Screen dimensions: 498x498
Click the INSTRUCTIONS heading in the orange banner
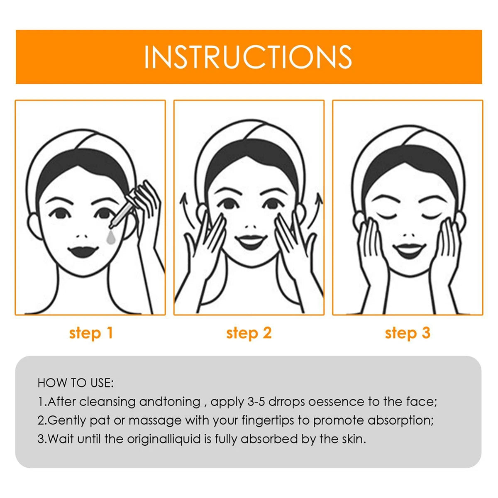coord(248,57)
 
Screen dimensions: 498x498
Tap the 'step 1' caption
coord(91,333)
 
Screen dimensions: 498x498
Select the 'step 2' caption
coord(249,333)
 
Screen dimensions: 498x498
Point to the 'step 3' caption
coord(408,333)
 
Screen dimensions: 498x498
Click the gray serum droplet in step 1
coord(112,237)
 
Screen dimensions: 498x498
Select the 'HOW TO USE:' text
coord(76,383)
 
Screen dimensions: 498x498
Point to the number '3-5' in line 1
coord(256,402)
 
